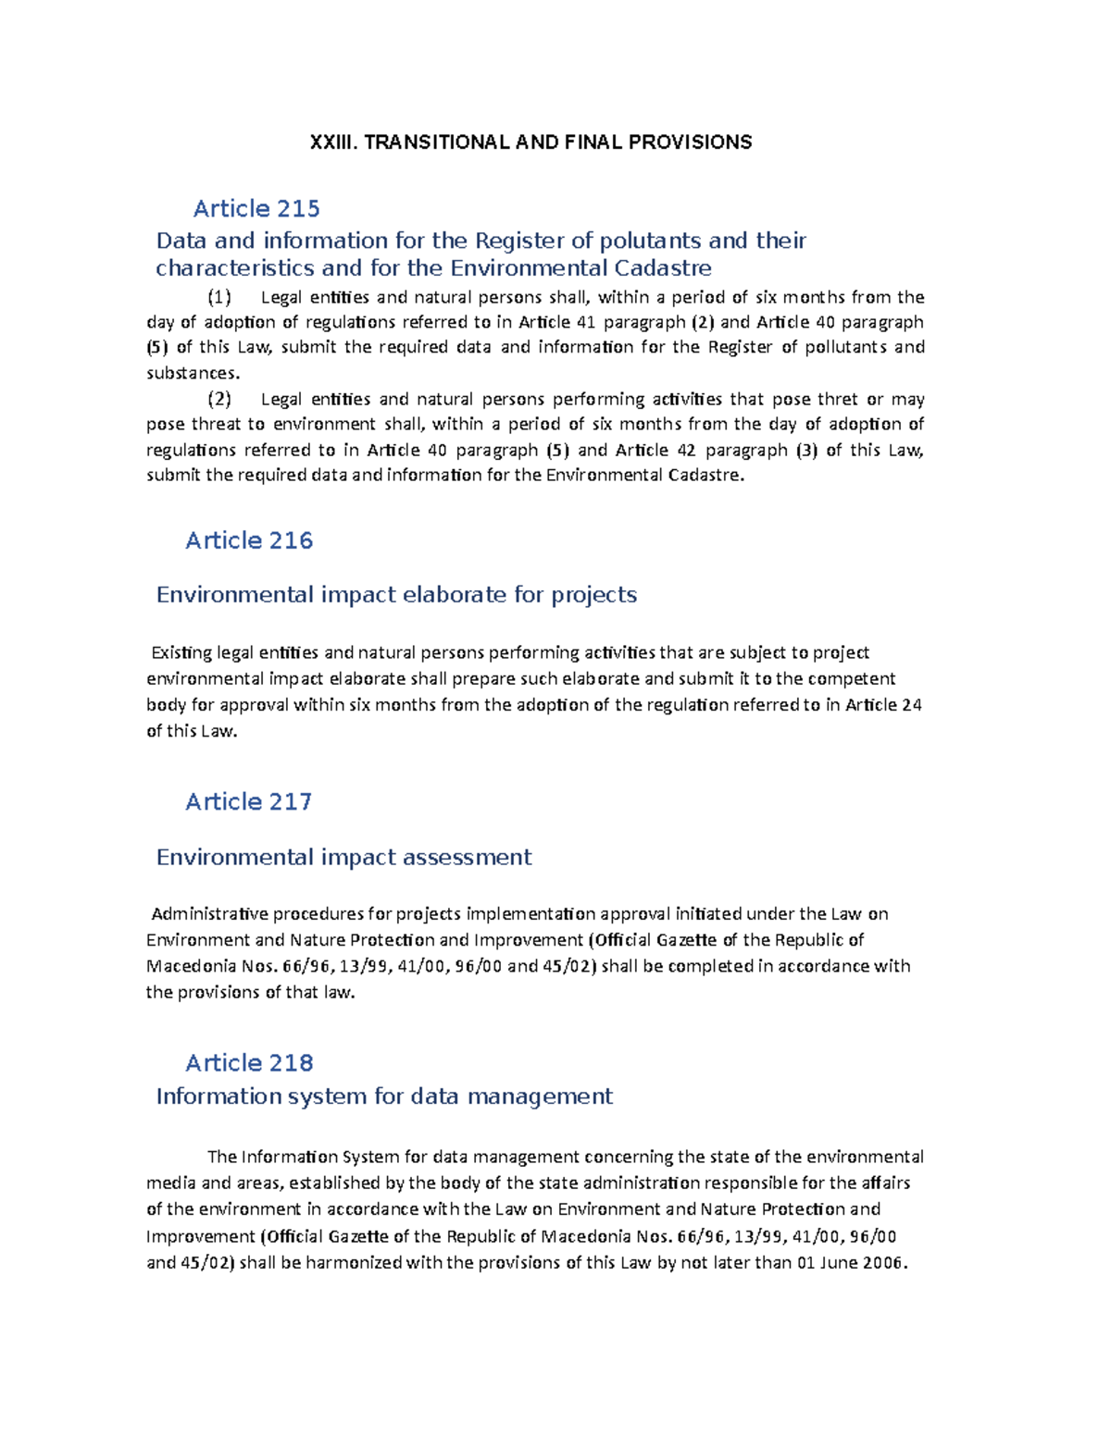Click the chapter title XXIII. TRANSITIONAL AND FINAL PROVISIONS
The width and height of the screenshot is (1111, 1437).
coord(531,142)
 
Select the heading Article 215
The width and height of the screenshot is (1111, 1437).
coord(256,209)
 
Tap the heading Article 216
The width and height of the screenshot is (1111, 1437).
coord(249,540)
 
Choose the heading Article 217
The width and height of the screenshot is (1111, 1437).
coord(248,801)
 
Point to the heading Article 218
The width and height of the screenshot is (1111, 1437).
coord(249,1062)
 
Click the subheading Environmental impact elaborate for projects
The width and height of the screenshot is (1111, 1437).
coord(396,594)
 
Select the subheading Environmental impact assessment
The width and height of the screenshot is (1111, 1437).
coord(343,857)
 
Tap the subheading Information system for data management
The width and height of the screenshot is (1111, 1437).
coord(384,1096)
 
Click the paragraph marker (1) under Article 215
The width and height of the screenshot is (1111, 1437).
coord(219,297)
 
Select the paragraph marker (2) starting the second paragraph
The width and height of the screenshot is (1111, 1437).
coord(219,399)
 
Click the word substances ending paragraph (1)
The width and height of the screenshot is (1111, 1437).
coord(193,373)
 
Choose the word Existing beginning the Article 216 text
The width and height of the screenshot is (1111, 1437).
coord(181,653)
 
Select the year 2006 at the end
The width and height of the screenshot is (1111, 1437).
coord(885,1263)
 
